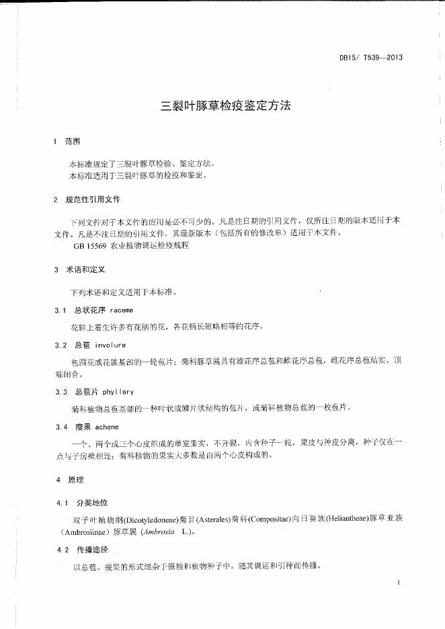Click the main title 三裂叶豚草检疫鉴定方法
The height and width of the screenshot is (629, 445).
(x=225, y=106)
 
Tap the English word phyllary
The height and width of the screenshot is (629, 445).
(x=119, y=391)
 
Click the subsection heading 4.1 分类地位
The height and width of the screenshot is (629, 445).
(x=83, y=503)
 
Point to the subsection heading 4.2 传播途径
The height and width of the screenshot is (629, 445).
(x=83, y=550)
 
